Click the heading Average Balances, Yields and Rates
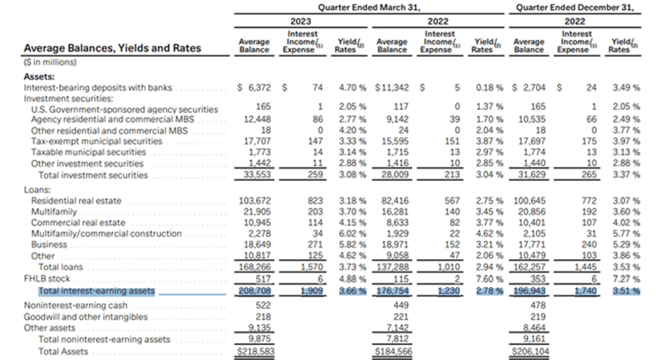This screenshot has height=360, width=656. point(112,48)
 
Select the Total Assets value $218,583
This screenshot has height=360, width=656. point(256,352)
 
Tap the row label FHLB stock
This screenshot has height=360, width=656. point(47,278)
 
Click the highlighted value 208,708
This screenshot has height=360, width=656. point(255,291)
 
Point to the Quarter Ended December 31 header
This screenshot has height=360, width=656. point(575,8)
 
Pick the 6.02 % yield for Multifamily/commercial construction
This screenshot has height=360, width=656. point(352,233)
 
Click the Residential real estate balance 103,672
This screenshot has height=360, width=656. point(255,201)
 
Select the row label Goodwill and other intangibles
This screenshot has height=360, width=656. point(86,317)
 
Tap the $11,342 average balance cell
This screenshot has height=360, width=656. point(391,88)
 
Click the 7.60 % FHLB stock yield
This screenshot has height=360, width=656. point(489,278)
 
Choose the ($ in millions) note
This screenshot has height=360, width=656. point(50,62)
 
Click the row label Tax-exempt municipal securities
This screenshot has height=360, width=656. point(96,141)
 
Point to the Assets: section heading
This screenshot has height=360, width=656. point(39,77)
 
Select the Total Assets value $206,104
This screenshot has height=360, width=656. point(530,352)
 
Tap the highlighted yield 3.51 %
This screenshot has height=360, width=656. point(626,291)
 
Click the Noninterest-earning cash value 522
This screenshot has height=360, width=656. point(263,305)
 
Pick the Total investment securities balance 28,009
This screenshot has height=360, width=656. point(395,175)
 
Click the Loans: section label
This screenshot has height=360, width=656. point(37,189)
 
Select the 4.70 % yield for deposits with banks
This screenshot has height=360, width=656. point(352,88)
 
